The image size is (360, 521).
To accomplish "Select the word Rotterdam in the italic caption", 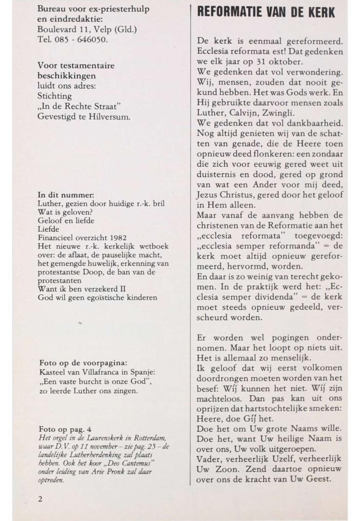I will point(152,437).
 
